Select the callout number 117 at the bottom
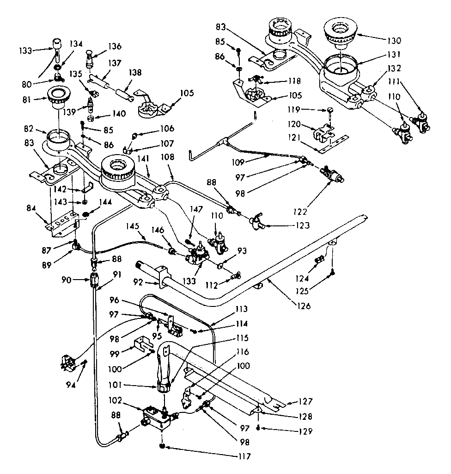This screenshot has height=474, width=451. pos(241,456)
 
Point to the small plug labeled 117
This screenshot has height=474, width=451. pos(163,446)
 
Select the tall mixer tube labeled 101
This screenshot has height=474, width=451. pos(165,370)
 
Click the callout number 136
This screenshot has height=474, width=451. pos(115,46)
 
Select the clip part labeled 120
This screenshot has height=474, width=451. pos(323,134)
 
